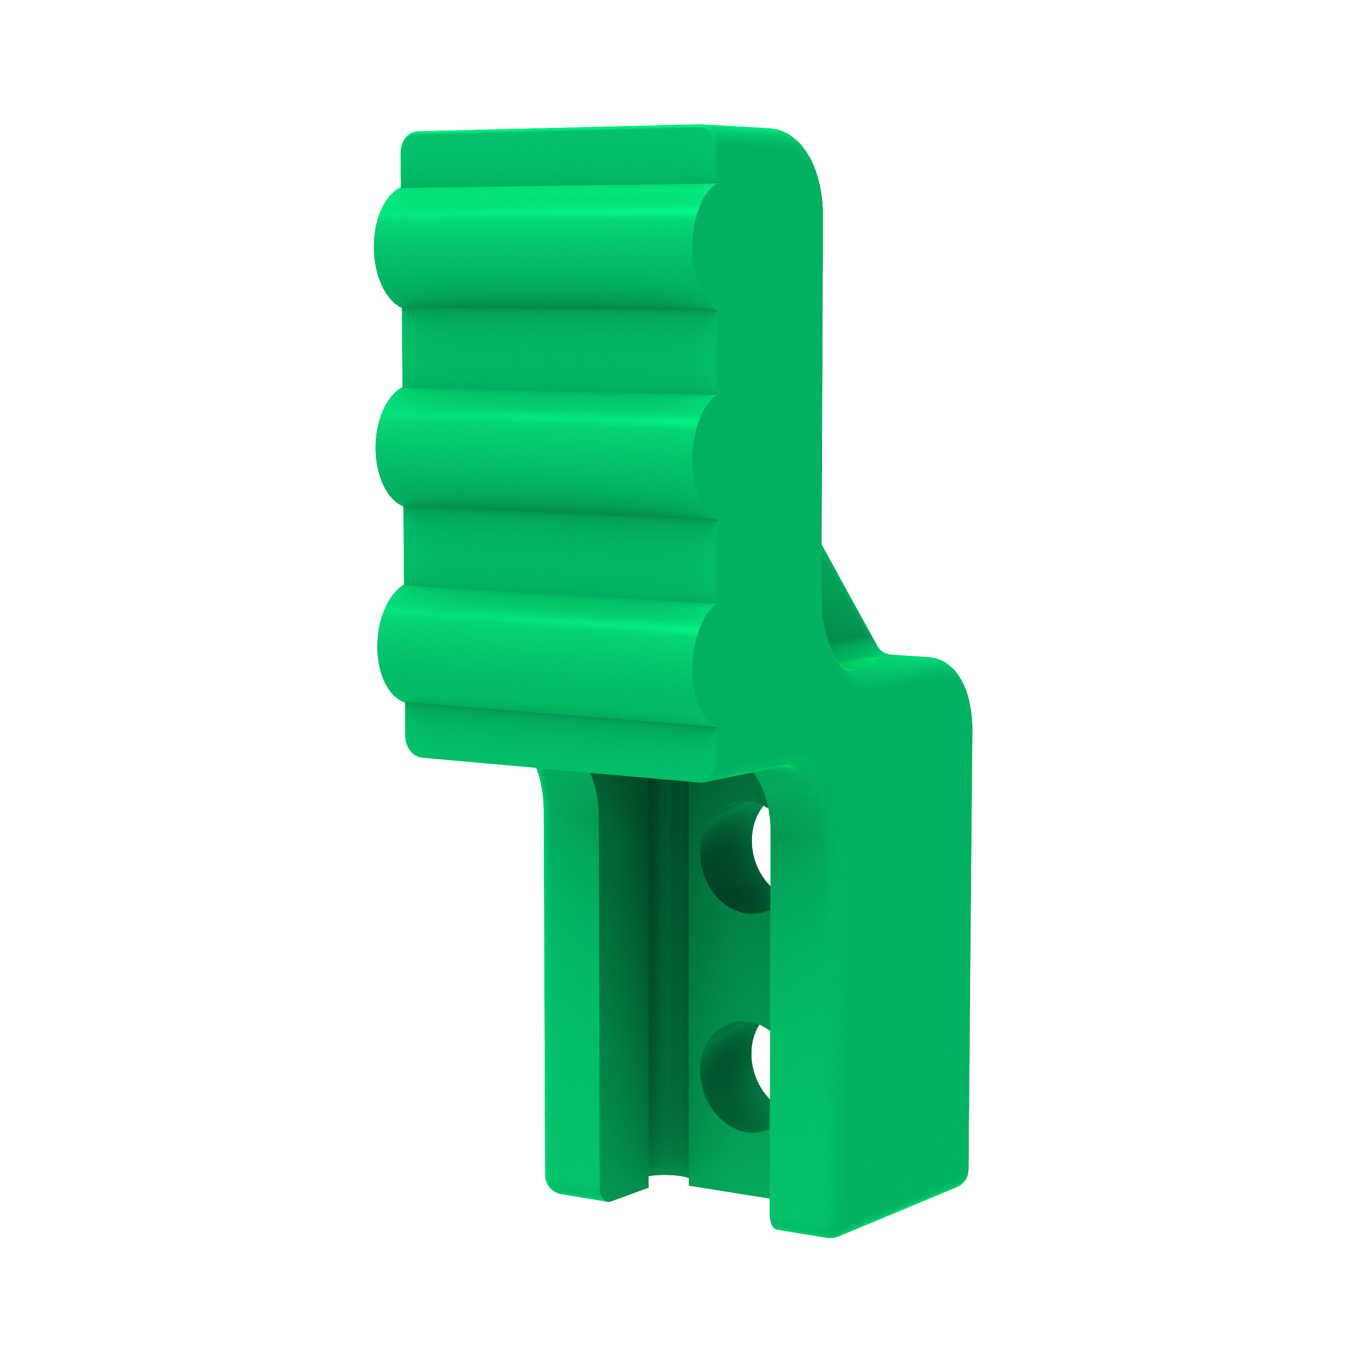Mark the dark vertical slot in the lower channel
(x=668, y=982)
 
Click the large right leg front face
(x=869, y=982)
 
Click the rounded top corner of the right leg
(x=947, y=684)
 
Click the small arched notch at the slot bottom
(x=668, y=1180)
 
